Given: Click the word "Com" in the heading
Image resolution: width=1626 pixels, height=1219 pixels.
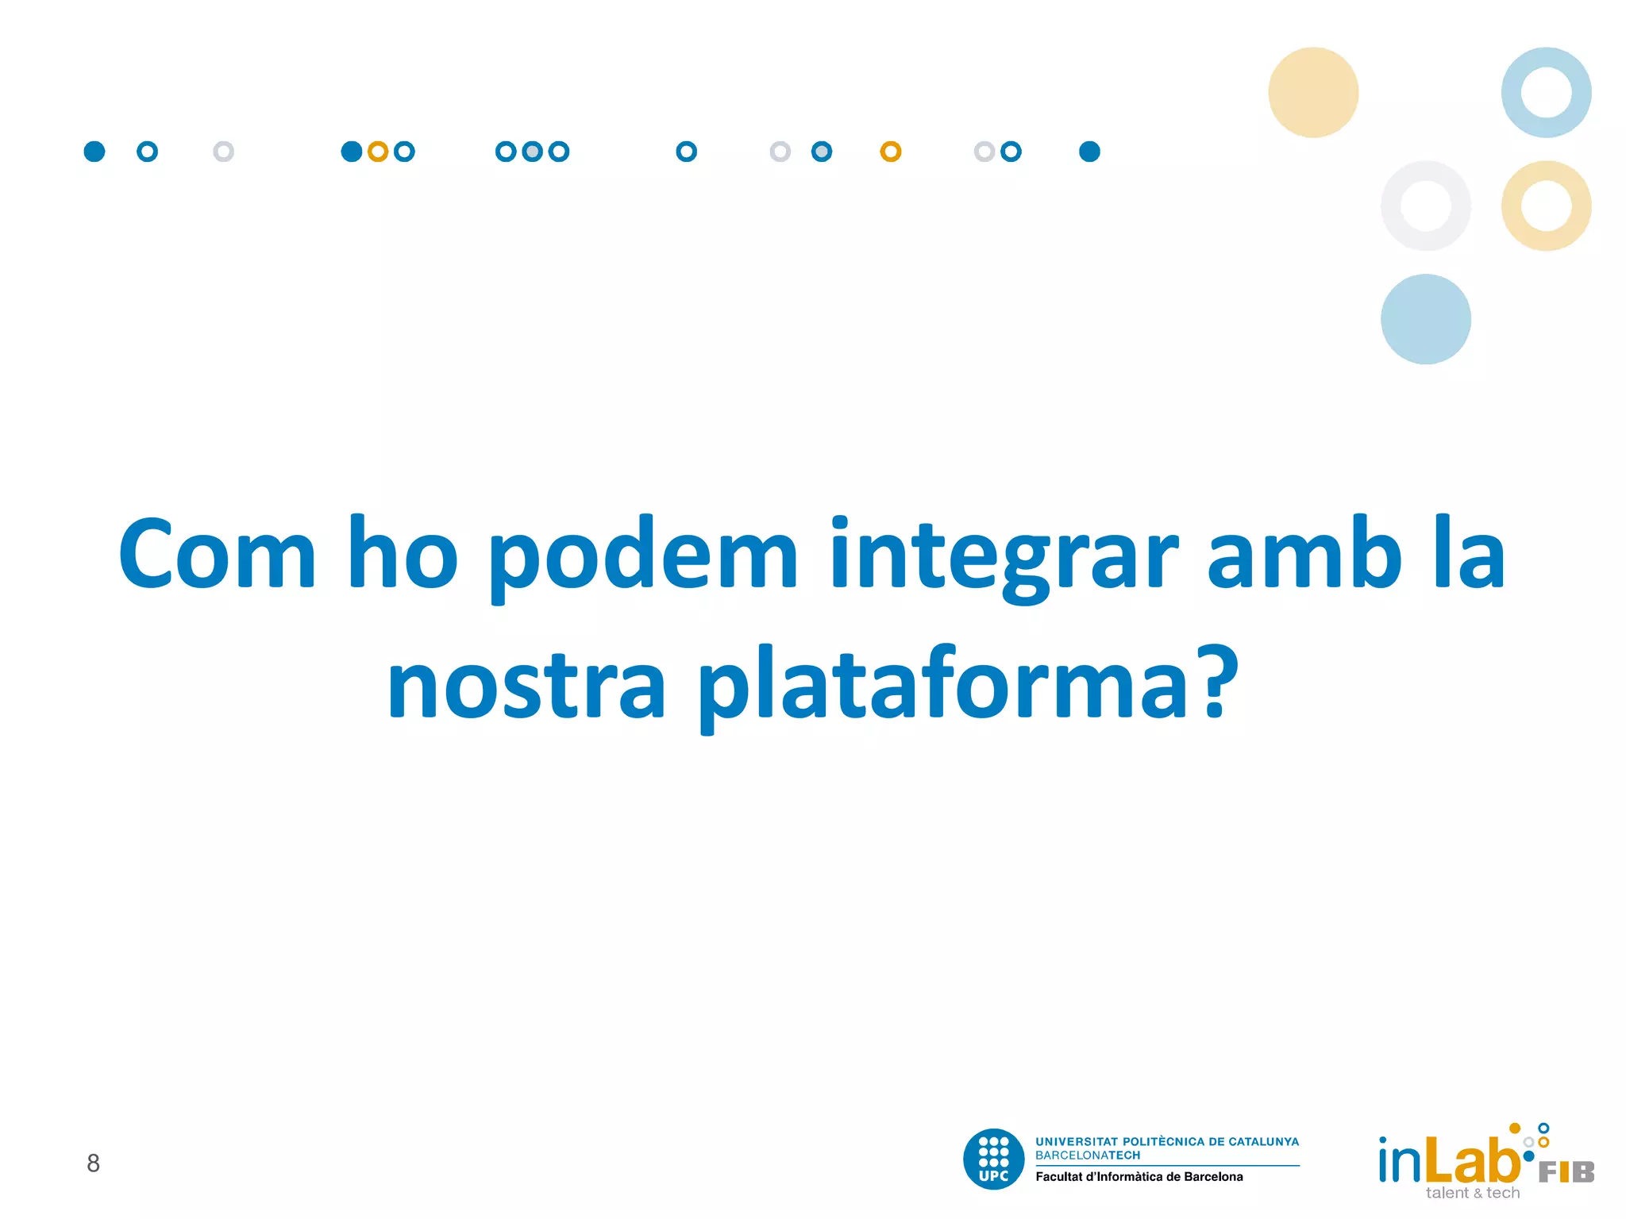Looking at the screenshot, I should point(217,554).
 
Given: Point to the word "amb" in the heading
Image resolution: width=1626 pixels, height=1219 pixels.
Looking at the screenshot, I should point(1304,554).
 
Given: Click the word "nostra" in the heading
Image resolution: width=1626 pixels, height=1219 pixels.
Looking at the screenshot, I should point(526,684).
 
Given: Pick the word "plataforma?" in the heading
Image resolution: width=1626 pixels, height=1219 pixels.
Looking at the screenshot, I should point(968,684).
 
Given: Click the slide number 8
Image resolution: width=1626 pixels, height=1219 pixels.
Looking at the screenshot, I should point(93,1163).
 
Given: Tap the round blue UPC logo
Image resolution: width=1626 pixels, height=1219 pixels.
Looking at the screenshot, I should point(993,1159).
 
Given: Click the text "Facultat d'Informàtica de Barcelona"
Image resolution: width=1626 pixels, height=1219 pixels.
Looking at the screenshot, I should point(1139,1177).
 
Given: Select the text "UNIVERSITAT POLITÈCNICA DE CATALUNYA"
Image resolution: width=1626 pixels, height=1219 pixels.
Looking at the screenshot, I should point(1167,1141).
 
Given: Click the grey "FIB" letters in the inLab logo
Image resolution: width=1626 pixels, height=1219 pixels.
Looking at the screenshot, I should point(1566,1172).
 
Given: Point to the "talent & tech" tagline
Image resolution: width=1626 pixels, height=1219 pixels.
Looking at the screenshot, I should point(1472,1193).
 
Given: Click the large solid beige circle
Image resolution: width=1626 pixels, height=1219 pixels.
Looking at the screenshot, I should point(1313,92).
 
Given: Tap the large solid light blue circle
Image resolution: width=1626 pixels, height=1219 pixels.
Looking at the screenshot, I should point(1425,319).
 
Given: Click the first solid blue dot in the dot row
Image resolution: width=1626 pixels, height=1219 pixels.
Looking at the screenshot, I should point(94,152).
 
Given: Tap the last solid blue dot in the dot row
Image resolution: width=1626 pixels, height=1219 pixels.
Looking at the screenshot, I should point(1089,152).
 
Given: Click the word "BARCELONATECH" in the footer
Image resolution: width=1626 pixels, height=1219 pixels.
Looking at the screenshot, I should point(1087,1156).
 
